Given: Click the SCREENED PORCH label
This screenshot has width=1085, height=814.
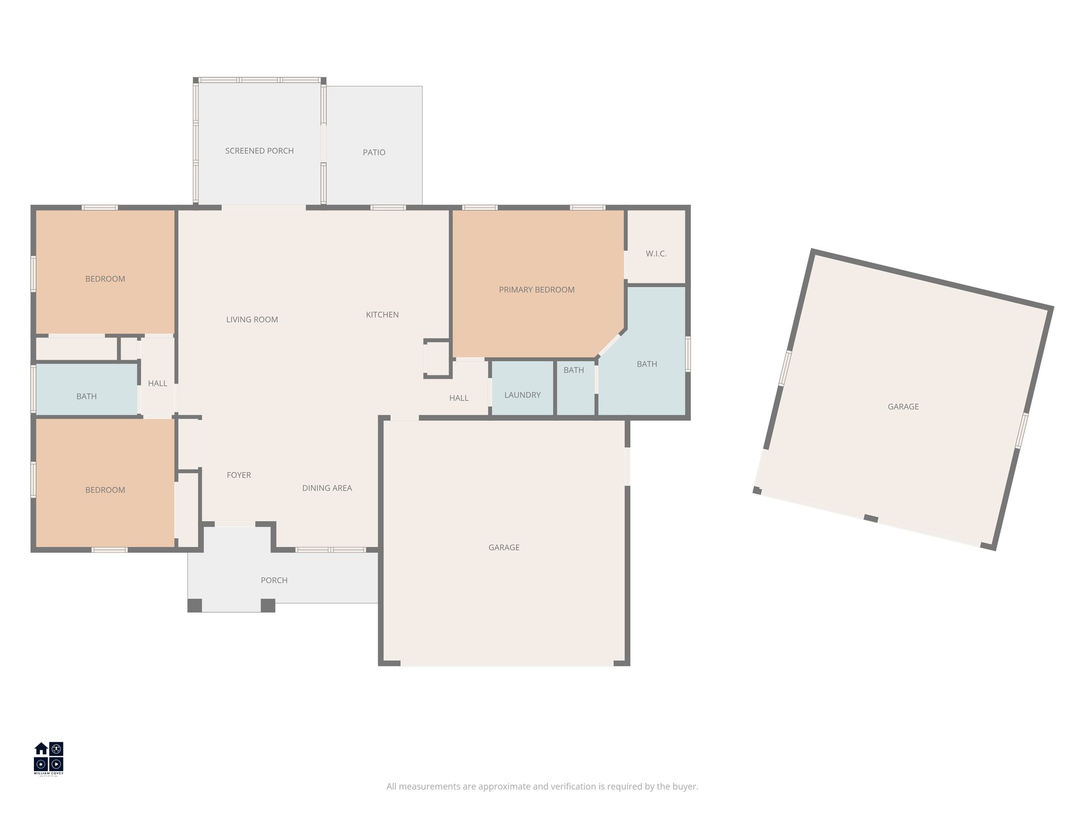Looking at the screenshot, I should [259, 151].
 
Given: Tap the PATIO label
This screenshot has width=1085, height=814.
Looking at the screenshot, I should [373, 153].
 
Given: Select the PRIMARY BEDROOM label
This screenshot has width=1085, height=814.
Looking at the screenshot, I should [536, 290].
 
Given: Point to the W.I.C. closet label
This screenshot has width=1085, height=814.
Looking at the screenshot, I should [656, 254].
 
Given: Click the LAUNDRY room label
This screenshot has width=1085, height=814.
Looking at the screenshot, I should [522, 395].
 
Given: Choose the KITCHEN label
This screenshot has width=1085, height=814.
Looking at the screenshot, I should [382, 315].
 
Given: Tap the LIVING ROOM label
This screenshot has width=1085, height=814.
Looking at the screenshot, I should [252, 320].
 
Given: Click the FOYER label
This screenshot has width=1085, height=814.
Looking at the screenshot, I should [238, 475].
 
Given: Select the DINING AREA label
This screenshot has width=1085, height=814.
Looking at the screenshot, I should [327, 488].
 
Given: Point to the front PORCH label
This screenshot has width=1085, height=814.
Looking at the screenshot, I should [274, 580].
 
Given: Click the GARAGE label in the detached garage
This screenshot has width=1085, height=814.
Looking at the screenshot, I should [903, 407].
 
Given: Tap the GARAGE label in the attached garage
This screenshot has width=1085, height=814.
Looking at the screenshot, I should [503, 547].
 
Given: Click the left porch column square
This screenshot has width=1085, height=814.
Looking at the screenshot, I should [195, 605].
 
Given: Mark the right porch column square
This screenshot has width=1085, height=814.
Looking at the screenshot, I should [268, 605].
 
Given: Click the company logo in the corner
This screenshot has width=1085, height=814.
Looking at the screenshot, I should [49, 758].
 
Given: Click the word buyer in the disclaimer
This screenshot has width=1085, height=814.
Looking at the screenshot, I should [684, 786].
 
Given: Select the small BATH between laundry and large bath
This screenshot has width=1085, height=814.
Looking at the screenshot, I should [573, 370].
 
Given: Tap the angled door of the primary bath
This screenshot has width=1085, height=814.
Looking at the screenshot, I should [609, 345].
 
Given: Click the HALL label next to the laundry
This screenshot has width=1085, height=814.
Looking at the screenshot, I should [459, 398].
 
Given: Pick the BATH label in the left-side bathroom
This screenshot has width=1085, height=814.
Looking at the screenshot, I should [86, 396].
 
